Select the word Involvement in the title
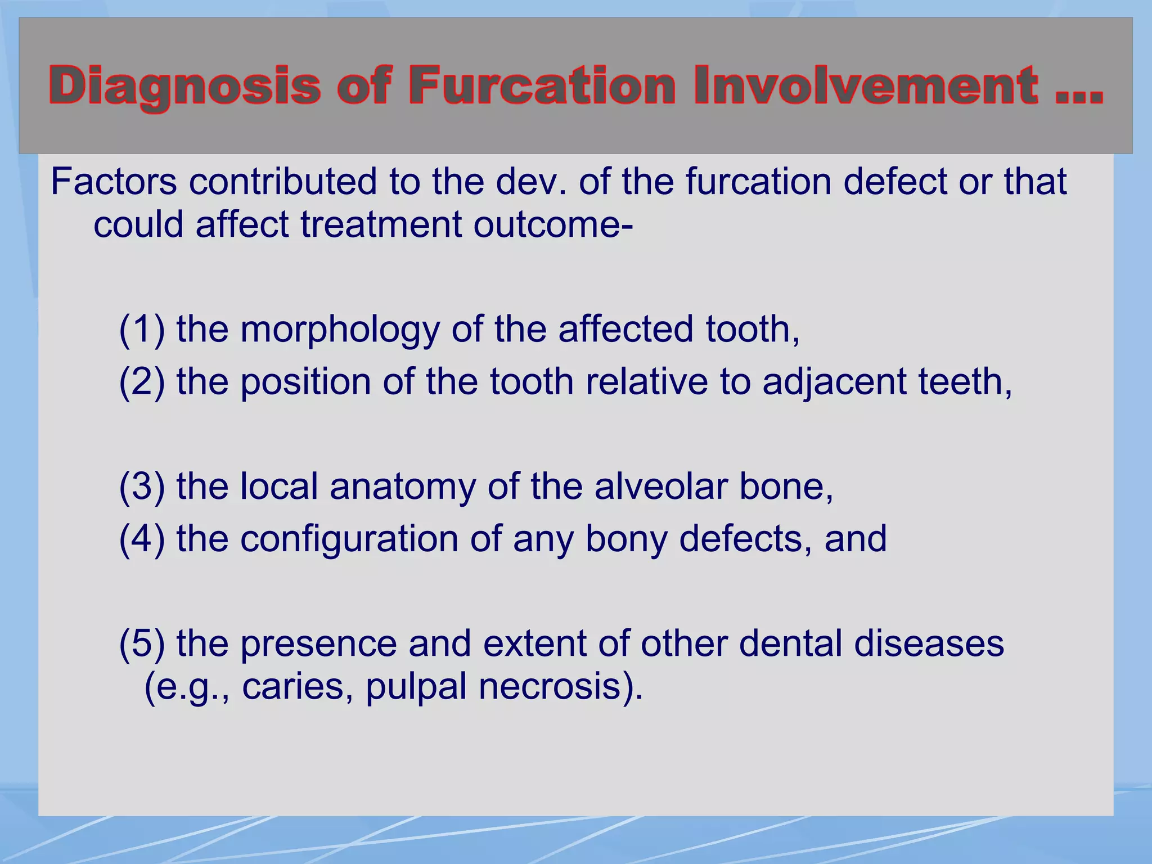coord(866,85)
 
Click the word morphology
coord(340,331)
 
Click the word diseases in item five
coord(929,644)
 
